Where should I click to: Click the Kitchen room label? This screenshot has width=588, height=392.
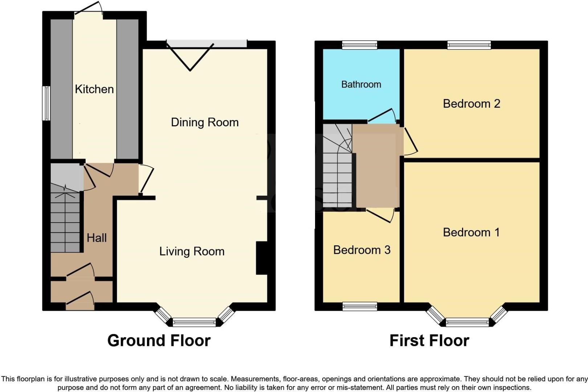94,89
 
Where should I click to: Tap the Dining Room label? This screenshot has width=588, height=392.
205,122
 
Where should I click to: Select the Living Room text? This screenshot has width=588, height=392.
192,252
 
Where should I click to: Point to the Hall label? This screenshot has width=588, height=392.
97,238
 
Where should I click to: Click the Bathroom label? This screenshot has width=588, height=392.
361,85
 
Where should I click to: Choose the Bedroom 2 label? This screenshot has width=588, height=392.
471,104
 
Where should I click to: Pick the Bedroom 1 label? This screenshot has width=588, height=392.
471,232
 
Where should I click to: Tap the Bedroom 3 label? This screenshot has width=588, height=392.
362,250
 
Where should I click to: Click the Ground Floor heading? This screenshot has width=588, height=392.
159,340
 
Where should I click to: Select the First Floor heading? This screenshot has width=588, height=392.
429,340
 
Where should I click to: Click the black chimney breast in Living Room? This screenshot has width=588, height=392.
261,258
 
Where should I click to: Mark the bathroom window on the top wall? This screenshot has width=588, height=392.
360,45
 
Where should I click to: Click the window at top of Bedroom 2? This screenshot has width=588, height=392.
469,45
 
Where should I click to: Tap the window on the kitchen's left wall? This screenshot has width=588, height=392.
46,103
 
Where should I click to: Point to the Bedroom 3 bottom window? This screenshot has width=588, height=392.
360,307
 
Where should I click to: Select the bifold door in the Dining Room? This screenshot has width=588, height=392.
190,56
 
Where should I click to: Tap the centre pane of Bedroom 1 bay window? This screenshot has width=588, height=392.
467,322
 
